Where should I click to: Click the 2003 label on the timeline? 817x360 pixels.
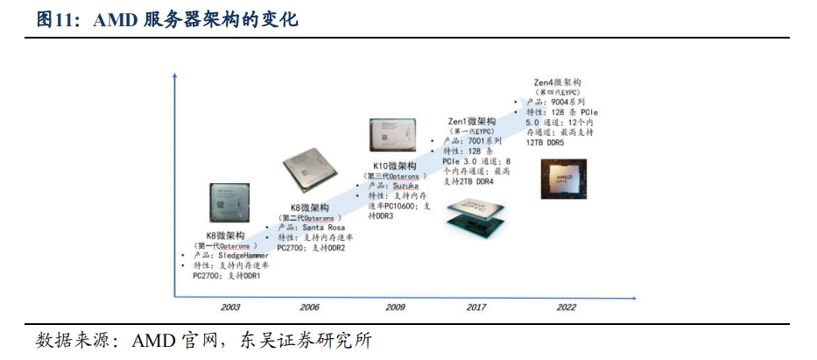(x=231, y=307)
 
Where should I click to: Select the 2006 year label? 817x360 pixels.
(x=310, y=307)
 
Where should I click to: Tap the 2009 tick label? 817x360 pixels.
(x=396, y=307)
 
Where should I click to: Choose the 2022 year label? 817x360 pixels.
(x=567, y=307)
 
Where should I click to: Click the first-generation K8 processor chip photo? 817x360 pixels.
(x=233, y=205)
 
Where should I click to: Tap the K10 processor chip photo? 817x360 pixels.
(x=391, y=137)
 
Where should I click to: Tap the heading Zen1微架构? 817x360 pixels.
(x=472, y=121)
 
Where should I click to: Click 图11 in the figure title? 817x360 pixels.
(x=55, y=19)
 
